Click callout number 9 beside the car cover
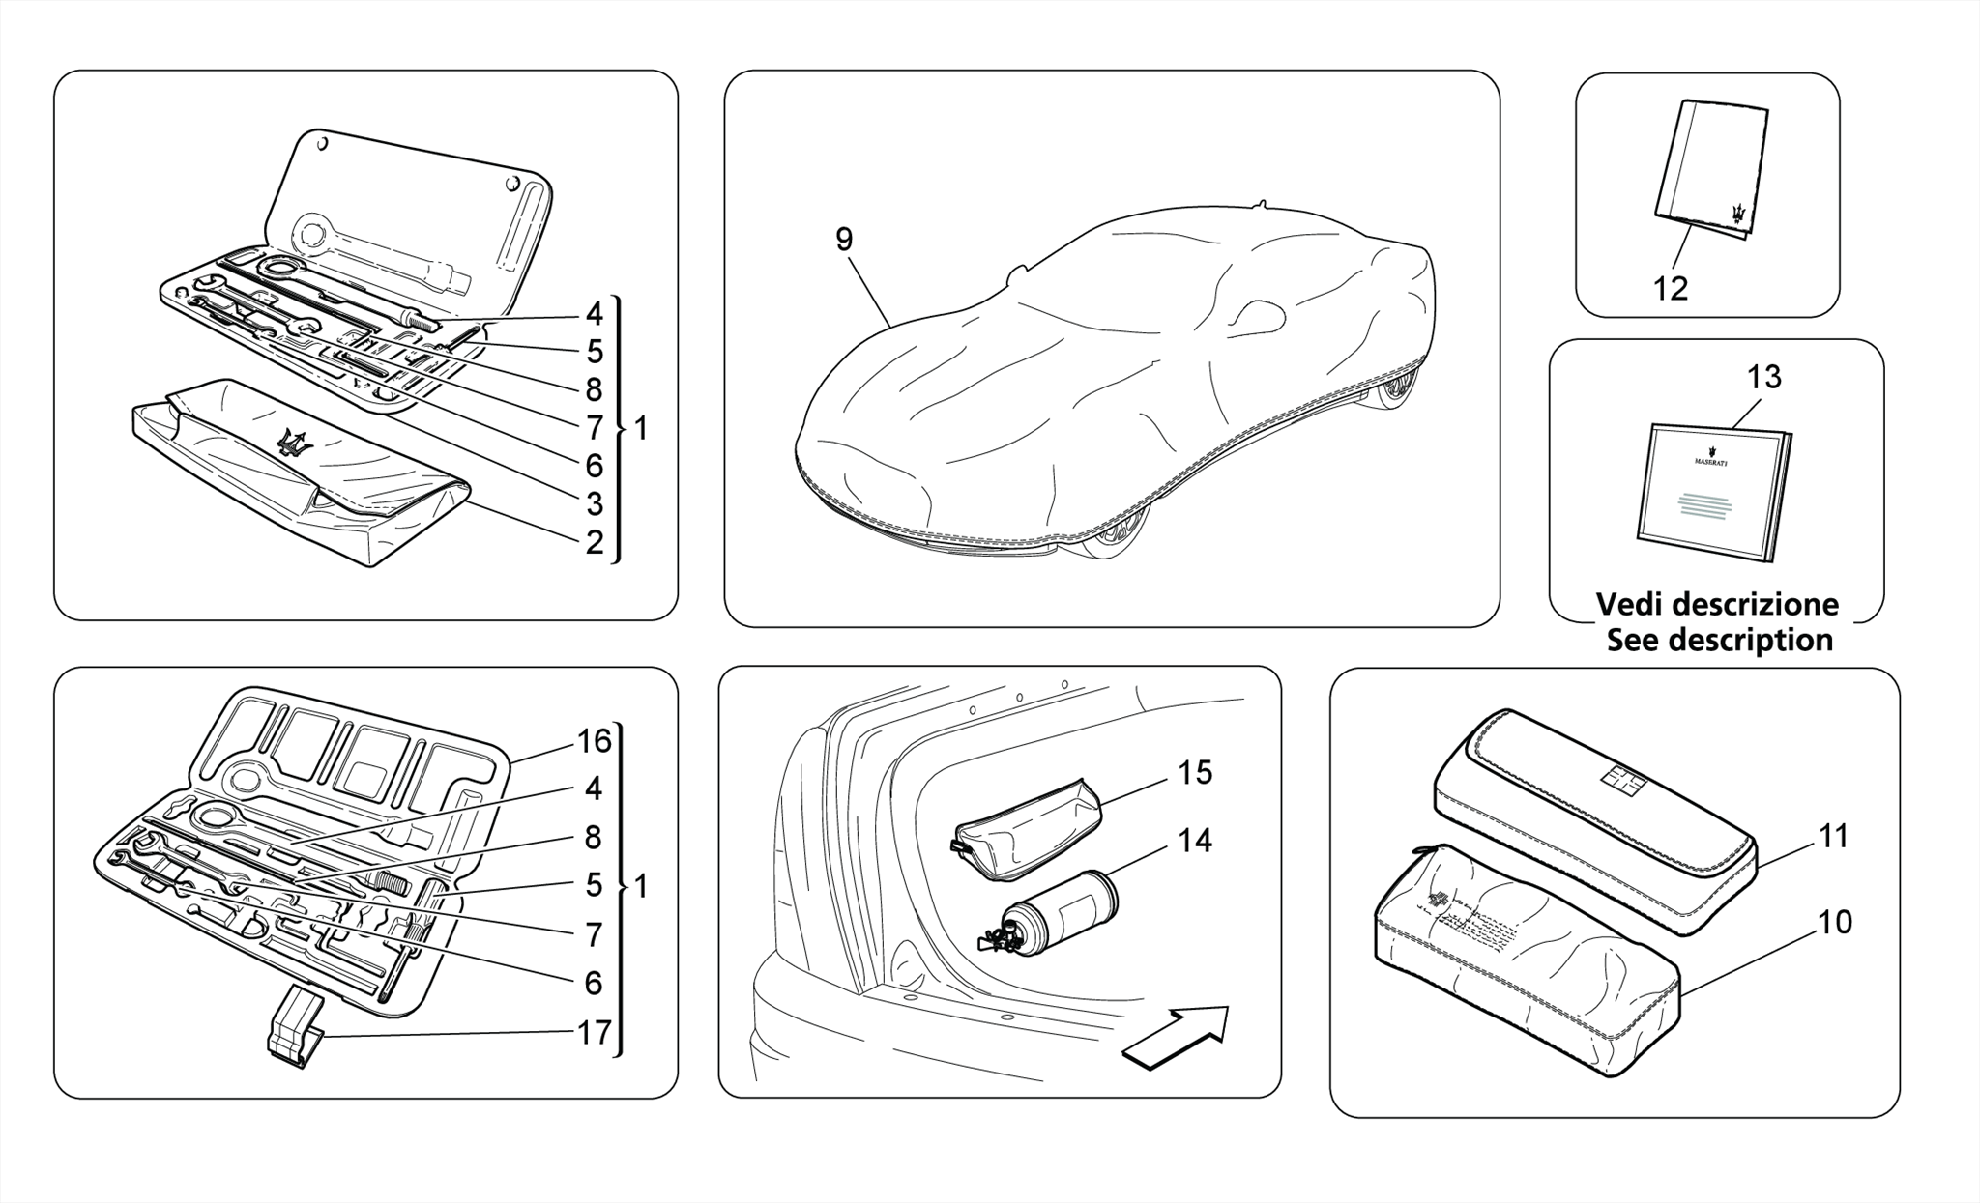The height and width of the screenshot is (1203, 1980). point(844,239)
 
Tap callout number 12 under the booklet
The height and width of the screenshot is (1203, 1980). point(1671,288)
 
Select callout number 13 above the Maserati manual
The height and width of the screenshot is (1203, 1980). point(1764,377)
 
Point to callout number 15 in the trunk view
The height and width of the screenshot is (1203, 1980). point(1195,773)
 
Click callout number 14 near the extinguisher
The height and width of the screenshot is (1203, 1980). point(1195,841)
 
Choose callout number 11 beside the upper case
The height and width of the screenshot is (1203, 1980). point(1833,836)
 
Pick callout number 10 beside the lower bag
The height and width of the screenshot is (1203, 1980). point(1834,923)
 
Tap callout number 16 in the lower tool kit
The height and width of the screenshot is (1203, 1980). point(595,741)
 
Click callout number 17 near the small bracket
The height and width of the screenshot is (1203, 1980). point(595,1033)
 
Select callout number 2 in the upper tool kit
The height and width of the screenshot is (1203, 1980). point(595,542)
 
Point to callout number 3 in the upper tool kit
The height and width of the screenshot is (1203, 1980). point(595,503)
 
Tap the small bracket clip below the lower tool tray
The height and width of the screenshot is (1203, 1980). point(294,1036)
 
